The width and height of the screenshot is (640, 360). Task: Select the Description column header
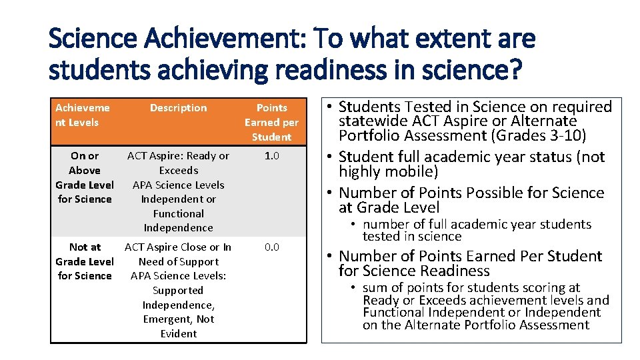click(178, 108)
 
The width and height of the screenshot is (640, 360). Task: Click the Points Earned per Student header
click(271, 122)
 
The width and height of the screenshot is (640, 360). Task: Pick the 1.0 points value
click(271, 156)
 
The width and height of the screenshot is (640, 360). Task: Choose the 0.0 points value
click(271, 247)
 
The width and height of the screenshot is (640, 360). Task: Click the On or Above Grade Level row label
click(85, 177)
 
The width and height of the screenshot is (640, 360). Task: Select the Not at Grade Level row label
click(85, 261)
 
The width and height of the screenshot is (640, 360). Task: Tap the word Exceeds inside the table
click(178, 171)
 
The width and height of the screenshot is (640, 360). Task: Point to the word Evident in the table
click(178, 334)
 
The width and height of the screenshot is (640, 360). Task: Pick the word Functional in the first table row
click(178, 214)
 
